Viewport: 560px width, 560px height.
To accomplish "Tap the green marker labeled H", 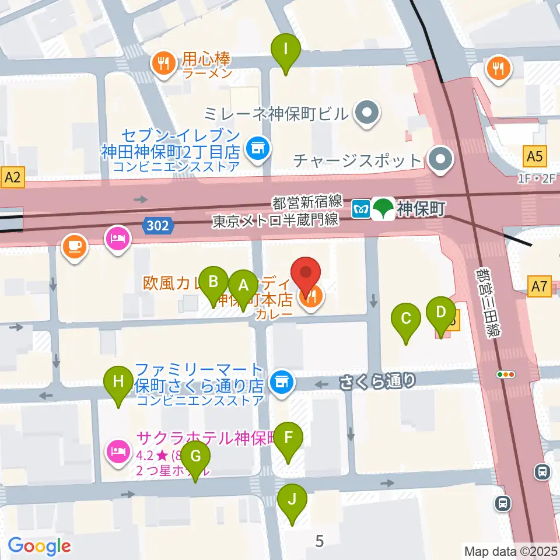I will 118,383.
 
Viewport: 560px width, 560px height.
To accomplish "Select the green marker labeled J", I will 292,501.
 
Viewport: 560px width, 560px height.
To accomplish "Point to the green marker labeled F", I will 289,438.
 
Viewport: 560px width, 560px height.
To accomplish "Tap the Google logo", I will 40,546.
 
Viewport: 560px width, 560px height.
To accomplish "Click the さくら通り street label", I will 377,381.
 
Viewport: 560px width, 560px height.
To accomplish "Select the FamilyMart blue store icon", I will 282,383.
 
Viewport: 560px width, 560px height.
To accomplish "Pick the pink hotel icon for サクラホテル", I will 118,452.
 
